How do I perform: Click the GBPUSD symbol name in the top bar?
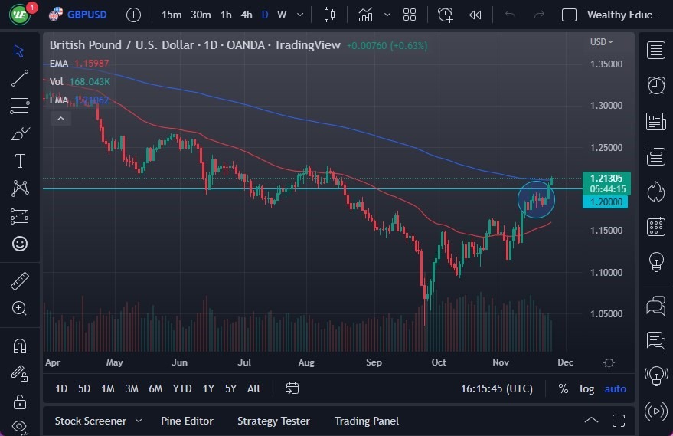point(87,15)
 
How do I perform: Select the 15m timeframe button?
point(172,15)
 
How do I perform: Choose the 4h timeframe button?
point(246,15)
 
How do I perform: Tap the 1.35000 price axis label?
point(606,64)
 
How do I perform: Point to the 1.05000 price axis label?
point(606,313)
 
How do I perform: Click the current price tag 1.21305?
point(605,178)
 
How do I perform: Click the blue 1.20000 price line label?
point(605,202)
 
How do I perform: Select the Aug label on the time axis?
point(306,362)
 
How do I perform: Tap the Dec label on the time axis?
point(565,362)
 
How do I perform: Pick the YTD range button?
point(181,388)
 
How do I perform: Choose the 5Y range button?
point(230,388)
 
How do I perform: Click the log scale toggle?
point(586,388)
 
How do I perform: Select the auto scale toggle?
point(615,388)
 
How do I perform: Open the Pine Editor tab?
point(187,421)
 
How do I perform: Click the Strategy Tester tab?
point(273,421)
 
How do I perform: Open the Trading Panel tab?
point(367,421)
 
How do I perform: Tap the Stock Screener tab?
point(90,421)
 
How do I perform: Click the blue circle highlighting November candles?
point(536,199)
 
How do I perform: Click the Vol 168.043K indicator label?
point(80,81)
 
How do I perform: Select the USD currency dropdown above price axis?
point(602,42)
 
